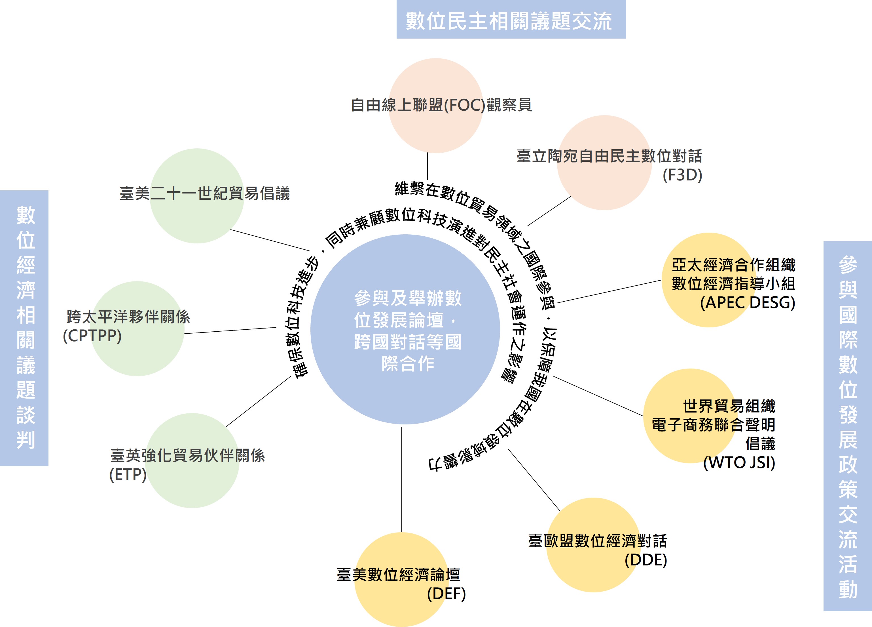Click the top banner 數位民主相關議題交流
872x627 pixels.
pos(511,20)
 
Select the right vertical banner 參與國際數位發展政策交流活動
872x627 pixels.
pos(847,426)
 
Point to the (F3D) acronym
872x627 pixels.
pos(682,175)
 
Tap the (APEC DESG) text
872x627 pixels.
pos(747,302)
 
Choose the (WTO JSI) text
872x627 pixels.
pos(738,462)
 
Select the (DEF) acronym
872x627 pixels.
pos(446,594)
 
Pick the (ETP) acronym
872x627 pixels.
pos(128,475)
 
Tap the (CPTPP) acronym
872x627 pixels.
pos(92,336)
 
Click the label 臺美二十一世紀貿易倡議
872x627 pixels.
pos(205,193)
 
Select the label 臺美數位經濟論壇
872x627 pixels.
pos(398,575)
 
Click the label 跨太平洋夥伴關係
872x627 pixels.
pos(128,317)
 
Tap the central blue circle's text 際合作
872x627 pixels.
pos(408,364)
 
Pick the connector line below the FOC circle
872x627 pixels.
pos(427,166)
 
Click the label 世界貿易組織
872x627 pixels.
pos(729,406)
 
